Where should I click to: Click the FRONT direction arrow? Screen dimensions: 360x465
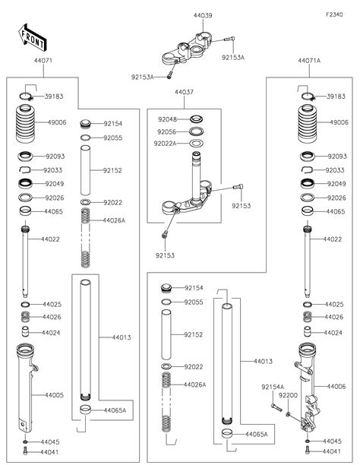[x=33, y=37]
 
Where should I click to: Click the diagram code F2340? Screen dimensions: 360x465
[x=334, y=14]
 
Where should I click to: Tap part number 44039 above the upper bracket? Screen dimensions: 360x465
[x=203, y=15]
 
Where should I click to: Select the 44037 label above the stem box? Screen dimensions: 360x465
[x=184, y=92]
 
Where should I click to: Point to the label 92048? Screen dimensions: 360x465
[x=167, y=119]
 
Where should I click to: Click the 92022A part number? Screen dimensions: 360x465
[x=165, y=144]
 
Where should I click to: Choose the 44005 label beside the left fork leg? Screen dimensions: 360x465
[x=54, y=395]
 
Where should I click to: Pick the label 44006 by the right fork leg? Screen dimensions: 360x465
[x=336, y=387]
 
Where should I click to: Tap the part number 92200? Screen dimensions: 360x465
[x=288, y=395]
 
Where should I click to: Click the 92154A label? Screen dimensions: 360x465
[x=273, y=387]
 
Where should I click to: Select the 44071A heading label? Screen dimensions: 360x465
[x=309, y=61]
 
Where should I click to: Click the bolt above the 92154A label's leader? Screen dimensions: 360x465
[x=276, y=407]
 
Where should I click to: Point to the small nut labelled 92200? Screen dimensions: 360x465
[x=288, y=414]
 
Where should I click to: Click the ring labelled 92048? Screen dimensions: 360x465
[x=196, y=119]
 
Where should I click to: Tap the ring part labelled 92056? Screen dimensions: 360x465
[x=196, y=131]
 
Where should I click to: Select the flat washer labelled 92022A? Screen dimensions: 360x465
[x=196, y=144]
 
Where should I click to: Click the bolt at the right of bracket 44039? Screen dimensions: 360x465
[x=229, y=39]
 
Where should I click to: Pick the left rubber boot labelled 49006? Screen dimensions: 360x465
[x=26, y=123]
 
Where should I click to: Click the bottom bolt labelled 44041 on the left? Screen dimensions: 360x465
[x=25, y=451]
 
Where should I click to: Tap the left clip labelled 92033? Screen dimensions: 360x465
[x=24, y=169]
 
